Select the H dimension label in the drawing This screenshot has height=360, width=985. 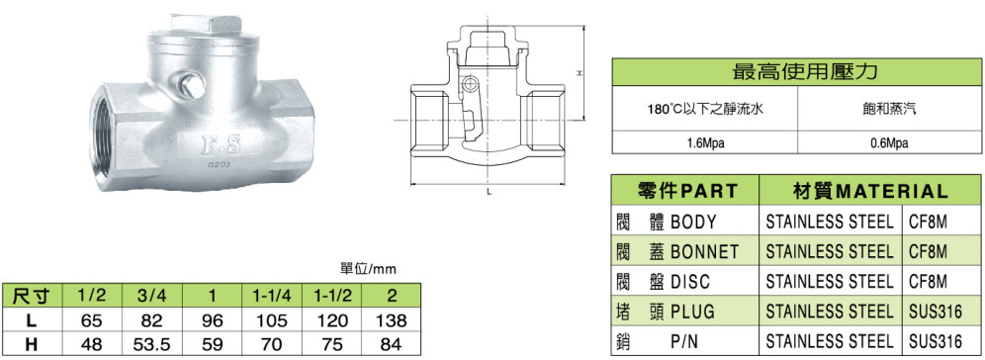(x=579, y=73)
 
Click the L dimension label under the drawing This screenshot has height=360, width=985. (x=489, y=193)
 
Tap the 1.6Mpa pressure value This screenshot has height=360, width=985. (x=706, y=143)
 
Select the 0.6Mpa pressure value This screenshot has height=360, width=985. (x=889, y=143)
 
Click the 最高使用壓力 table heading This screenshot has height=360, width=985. (x=796, y=71)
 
